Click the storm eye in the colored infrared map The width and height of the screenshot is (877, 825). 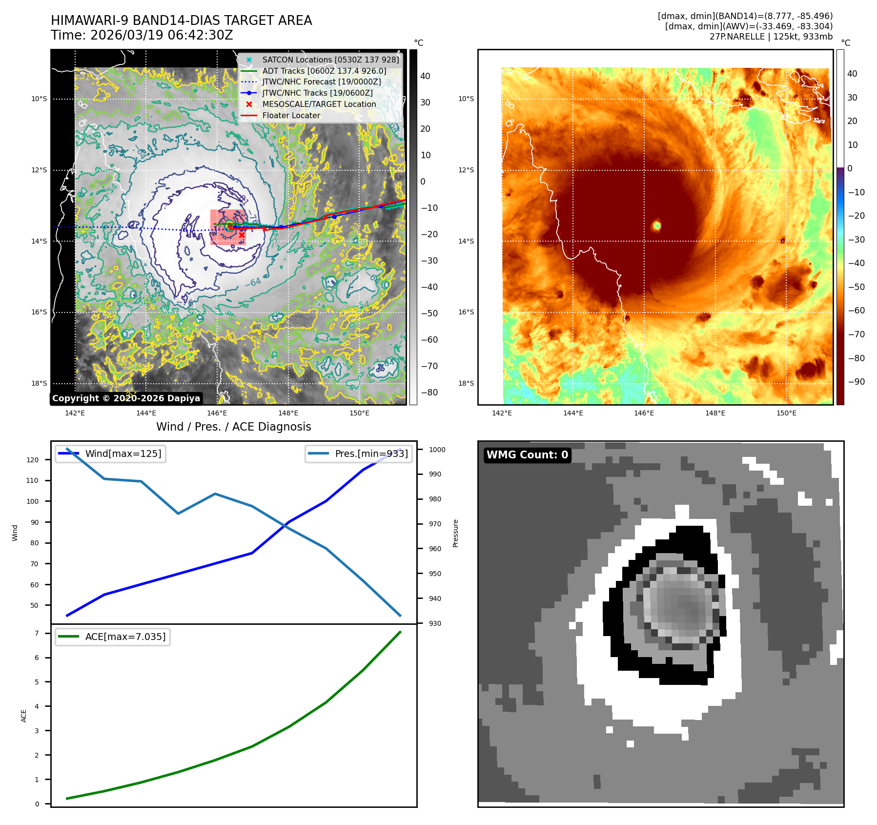tap(657, 225)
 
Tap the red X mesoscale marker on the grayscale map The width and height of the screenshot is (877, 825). tap(242, 235)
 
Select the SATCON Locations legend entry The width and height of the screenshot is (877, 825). tap(330, 60)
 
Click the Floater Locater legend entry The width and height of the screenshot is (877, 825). tap(291, 115)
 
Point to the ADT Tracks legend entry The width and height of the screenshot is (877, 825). tap(324, 71)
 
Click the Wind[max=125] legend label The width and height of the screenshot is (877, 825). tap(123, 454)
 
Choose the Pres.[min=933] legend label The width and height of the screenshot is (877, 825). tap(371, 454)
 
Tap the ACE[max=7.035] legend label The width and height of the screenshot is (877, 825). tap(125, 637)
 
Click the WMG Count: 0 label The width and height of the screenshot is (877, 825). tap(527, 455)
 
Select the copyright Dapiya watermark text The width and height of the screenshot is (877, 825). tap(126, 398)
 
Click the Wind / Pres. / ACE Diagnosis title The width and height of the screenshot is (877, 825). tap(233, 427)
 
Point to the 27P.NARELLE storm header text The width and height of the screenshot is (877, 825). tap(771, 37)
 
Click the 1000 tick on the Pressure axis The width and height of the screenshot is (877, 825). tap(437, 450)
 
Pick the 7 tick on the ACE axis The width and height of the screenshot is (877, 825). tap(37, 633)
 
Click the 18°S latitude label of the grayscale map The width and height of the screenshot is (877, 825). tap(39, 383)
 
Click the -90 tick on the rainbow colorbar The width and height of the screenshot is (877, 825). tap(856, 382)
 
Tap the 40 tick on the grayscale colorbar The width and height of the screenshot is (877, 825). tap(425, 76)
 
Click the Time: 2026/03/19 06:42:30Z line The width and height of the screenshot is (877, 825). tap(142, 35)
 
